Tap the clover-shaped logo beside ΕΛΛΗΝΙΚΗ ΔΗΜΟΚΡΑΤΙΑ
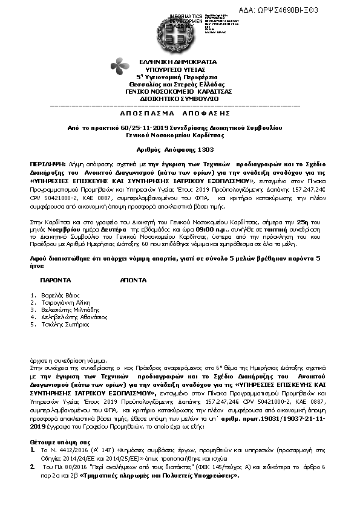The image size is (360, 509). [x=118, y=66]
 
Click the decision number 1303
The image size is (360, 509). [x=205, y=149]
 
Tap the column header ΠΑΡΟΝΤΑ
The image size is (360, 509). [x=56, y=281]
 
